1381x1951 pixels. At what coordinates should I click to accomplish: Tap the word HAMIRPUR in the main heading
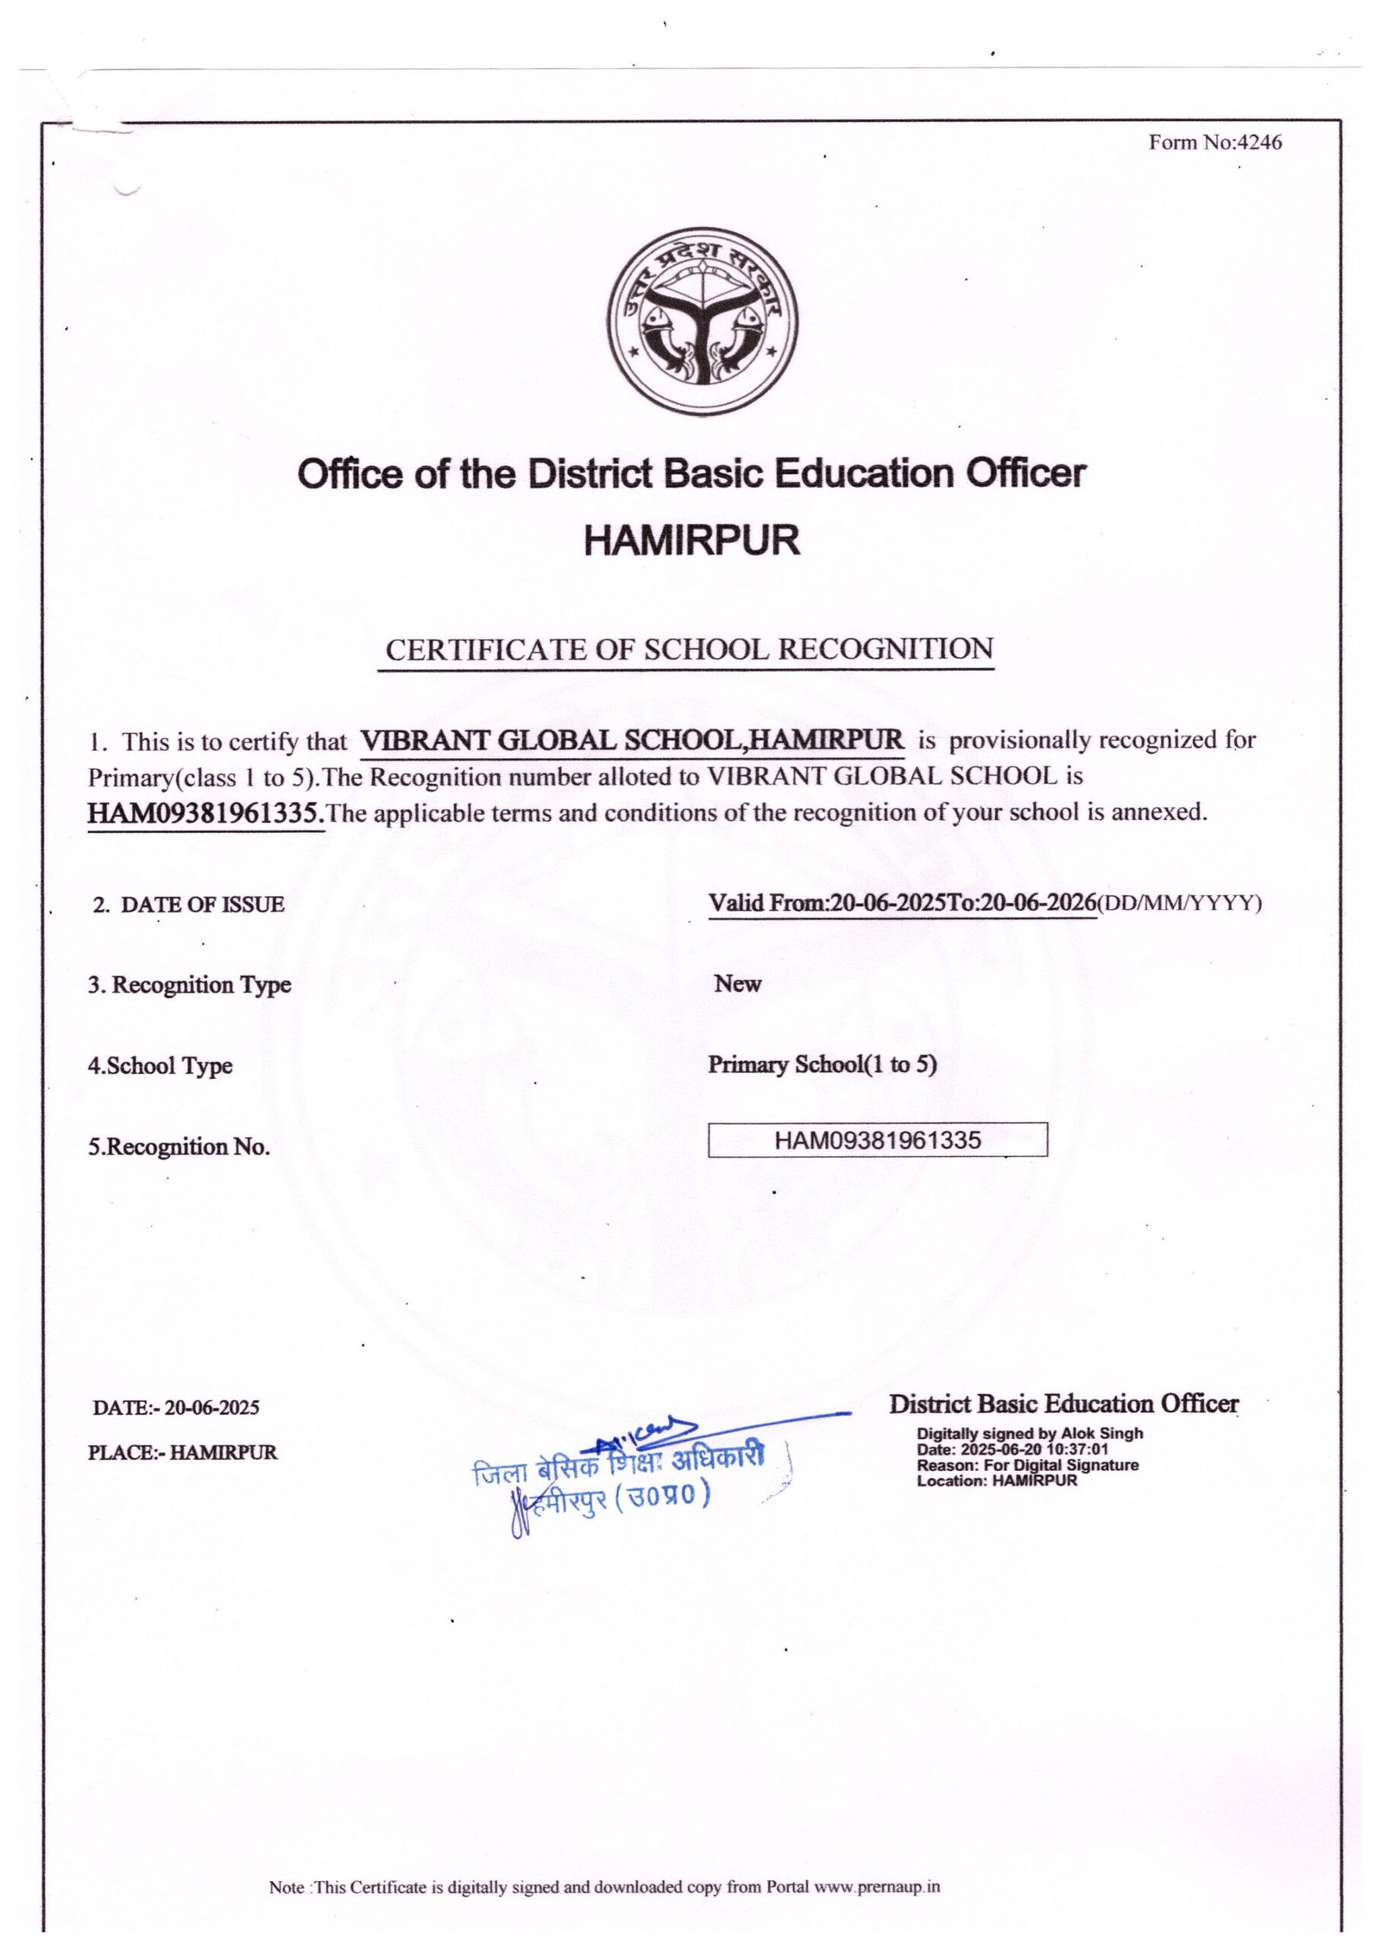click(x=692, y=540)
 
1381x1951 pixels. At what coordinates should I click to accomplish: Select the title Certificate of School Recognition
click(x=689, y=649)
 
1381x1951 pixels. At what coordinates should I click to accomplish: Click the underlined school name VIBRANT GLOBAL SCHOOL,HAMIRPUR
click(x=632, y=740)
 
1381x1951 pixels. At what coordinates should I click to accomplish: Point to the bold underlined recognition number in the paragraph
click(x=206, y=812)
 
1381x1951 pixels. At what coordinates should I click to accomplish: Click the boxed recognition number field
click(x=877, y=1140)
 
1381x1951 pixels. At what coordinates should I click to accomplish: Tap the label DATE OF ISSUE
click(x=202, y=904)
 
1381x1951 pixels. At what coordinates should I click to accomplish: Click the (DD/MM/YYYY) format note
click(x=1179, y=903)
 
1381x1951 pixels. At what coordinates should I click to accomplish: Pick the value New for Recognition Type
click(x=737, y=983)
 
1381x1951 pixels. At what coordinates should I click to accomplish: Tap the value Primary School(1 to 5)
click(x=823, y=1064)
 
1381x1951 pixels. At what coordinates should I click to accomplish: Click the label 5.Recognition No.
click(x=179, y=1146)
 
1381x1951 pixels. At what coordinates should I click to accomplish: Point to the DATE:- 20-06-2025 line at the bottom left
click(x=176, y=1407)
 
